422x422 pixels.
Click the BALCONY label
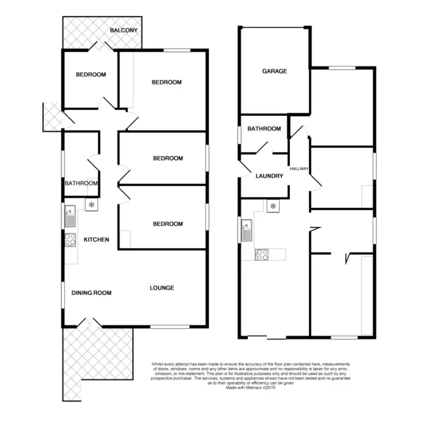click(124, 30)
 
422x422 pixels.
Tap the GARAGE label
click(275, 71)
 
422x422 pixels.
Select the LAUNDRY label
click(269, 176)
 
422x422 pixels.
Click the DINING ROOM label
click(91, 293)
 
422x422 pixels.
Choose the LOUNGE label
click(162, 288)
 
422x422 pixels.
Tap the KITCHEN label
click(96, 240)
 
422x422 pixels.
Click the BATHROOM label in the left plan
click(82, 183)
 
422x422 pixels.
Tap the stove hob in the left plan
click(70, 240)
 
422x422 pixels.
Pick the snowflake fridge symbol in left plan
click(91, 204)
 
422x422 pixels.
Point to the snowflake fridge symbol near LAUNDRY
click(273, 206)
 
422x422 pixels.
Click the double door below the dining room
click(86, 324)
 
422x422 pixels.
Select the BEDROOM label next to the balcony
click(91, 75)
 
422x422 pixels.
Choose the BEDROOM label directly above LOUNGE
click(168, 224)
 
